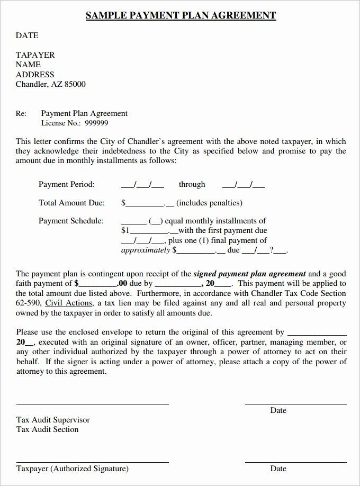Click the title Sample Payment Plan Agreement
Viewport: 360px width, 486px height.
coord(181,15)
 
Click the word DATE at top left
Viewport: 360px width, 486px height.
coord(27,35)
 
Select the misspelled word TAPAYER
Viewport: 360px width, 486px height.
coord(35,55)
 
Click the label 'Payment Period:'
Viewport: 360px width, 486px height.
coord(67,184)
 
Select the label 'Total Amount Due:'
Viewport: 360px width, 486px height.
coord(71,202)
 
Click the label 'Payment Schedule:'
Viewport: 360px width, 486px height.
coord(71,221)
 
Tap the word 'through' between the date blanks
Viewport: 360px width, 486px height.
coord(192,184)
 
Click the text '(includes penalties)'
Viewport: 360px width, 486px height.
coord(209,202)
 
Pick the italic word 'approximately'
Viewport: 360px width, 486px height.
coord(146,250)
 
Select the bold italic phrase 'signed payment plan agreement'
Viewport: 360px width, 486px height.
coord(249,274)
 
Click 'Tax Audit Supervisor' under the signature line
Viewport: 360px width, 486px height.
coord(53,420)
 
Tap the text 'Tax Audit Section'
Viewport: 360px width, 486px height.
coord(47,429)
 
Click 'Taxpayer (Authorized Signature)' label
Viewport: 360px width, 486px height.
coord(72,469)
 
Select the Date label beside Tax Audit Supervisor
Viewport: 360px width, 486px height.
coord(278,410)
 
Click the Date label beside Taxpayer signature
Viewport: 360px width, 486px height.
coord(278,469)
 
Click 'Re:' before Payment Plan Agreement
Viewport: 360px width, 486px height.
coord(21,113)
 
